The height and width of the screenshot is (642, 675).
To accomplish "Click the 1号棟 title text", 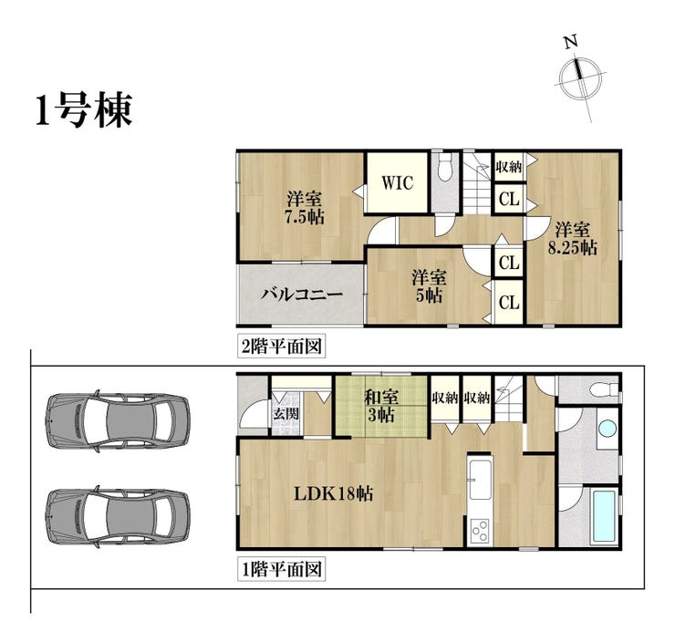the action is click(84, 110).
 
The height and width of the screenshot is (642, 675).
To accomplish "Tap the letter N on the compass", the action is click(571, 42).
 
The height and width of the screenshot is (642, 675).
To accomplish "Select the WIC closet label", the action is click(397, 183).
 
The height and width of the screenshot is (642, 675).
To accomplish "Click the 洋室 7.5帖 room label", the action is click(305, 207).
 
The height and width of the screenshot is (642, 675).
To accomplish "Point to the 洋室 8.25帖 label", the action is click(572, 239).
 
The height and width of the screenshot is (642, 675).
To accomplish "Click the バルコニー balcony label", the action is click(301, 295).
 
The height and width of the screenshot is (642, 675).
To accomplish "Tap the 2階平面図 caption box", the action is click(281, 346).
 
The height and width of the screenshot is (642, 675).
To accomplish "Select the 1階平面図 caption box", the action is click(281, 570).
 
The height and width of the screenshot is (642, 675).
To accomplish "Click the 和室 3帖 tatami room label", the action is click(381, 406).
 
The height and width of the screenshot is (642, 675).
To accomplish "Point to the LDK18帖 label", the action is click(333, 494).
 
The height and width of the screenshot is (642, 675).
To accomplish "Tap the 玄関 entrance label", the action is click(286, 414).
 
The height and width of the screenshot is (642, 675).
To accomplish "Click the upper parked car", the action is click(118, 421).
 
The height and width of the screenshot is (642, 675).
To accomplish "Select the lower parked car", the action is click(118, 516).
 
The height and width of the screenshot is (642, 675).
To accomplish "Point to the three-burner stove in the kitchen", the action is click(480, 531).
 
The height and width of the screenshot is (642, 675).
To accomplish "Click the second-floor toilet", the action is click(444, 168).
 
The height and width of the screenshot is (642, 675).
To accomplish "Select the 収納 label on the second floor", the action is click(508, 167).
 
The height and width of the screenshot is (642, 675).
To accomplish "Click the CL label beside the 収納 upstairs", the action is click(509, 200).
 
